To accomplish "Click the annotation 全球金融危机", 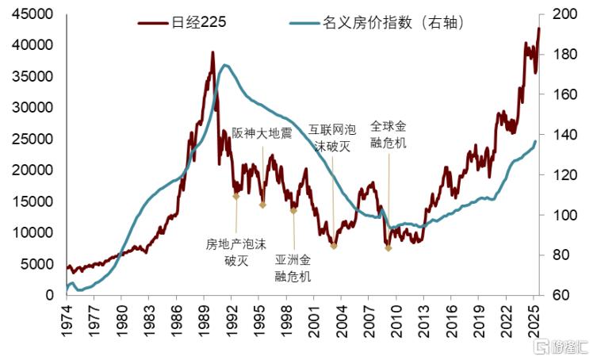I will (388, 134).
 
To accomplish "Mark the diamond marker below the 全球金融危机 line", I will (388, 248).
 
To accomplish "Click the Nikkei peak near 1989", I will (212, 53).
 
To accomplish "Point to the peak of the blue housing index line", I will (226, 65).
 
